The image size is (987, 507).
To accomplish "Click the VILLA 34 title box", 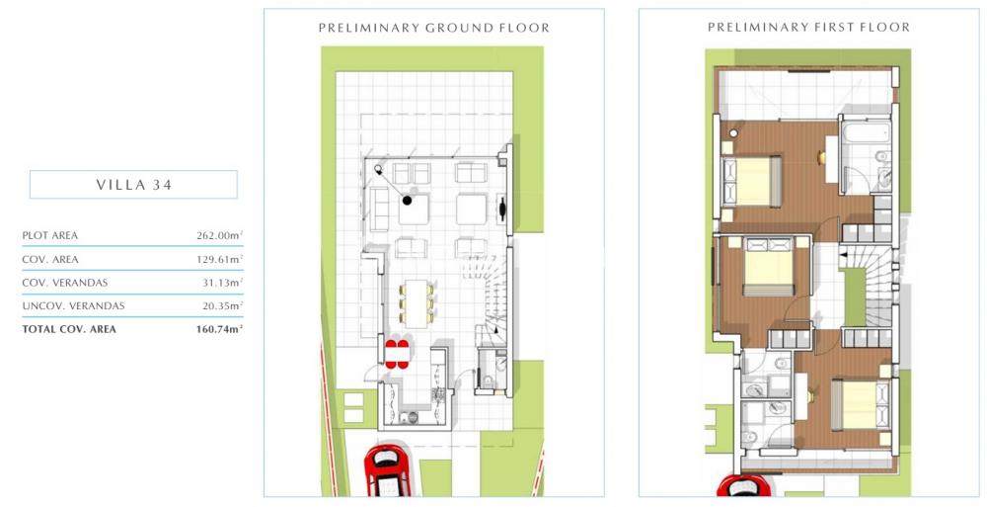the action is coord(133,185).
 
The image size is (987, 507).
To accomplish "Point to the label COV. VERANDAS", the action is coord(65,283).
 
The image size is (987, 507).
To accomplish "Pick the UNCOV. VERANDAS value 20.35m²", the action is coord(220,305).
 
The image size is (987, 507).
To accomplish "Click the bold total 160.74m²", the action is coord(220,328).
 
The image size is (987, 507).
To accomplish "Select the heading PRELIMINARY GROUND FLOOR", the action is coord(433,28).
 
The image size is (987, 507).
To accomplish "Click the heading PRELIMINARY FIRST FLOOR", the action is coord(809,27).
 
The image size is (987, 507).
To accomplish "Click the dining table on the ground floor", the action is coord(416,303).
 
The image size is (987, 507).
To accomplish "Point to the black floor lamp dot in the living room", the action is coord(408,201).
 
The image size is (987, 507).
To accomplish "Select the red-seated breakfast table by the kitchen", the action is coord(397,354).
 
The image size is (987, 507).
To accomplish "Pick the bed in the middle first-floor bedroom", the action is coord(768,266).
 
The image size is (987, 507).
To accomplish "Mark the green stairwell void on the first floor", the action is coord(854,296).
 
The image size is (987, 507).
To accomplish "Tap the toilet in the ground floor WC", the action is coord(488,380).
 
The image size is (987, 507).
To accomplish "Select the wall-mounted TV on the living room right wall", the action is coord(502,209).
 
